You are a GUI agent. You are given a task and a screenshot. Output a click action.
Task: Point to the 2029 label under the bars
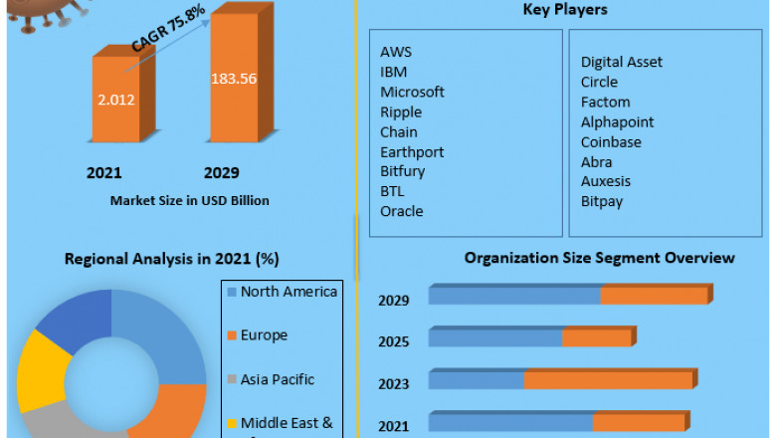click(x=221, y=172)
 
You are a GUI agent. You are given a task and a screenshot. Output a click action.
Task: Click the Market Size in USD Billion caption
click(x=189, y=200)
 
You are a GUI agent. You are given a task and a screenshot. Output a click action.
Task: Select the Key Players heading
click(x=565, y=10)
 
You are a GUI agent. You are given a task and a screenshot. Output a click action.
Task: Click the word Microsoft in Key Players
click(x=412, y=92)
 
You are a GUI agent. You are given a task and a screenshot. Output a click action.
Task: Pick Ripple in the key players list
click(x=401, y=111)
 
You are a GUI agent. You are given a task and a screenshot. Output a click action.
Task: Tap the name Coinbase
click(x=611, y=141)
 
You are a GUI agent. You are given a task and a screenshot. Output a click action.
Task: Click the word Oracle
click(x=401, y=211)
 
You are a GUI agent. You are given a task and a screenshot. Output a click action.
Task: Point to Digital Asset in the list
click(x=622, y=62)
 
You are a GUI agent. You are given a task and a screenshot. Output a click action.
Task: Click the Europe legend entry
click(x=264, y=335)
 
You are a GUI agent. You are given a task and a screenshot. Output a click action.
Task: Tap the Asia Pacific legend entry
click(x=277, y=379)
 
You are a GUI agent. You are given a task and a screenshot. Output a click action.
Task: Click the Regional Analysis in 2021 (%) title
click(x=171, y=259)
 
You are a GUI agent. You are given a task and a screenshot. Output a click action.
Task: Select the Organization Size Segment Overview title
click(x=599, y=258)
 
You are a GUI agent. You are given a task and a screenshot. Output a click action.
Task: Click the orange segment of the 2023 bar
click(x=609, y=380)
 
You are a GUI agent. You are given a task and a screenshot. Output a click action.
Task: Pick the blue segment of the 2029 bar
click(x=513, y=296)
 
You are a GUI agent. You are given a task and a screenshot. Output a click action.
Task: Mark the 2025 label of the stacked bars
click(x=394, y=341)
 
